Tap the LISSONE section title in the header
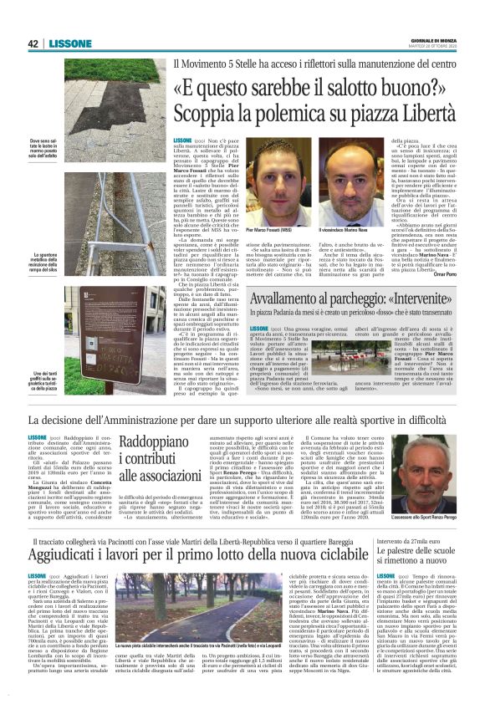click(x=64, y=43)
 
